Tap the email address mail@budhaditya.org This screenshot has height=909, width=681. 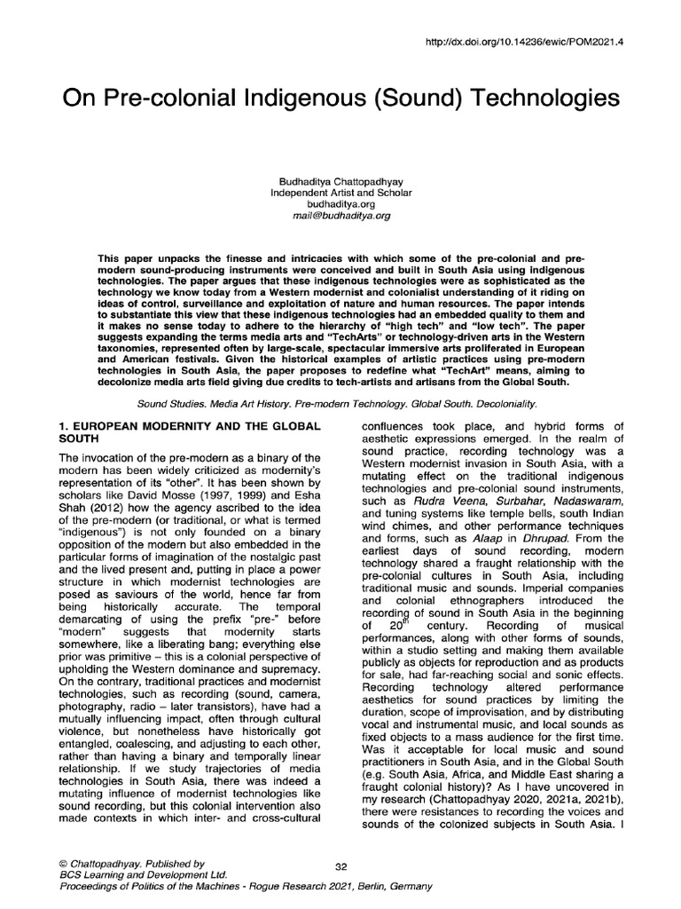340,215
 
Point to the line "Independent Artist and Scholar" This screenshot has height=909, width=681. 340,192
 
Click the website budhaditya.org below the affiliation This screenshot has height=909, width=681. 340,203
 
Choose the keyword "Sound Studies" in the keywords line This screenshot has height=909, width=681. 173,403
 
